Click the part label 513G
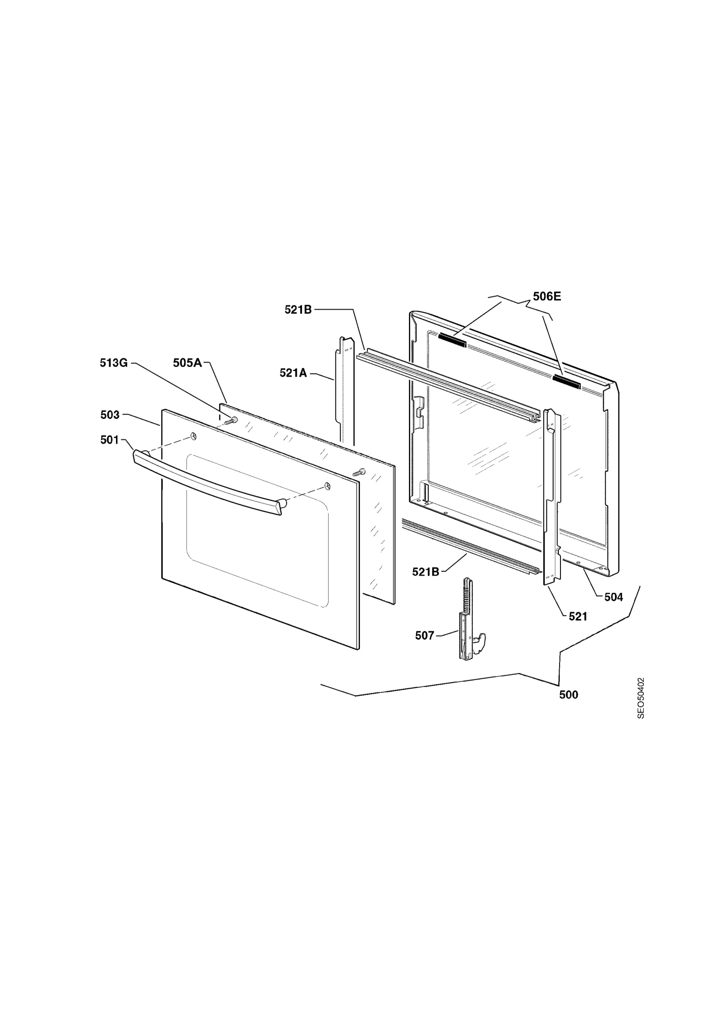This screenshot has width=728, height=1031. click(113, 363)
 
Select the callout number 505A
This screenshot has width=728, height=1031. click(187, 363)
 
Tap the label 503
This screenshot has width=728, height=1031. click(110, 415)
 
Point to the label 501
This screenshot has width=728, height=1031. click(110, 440)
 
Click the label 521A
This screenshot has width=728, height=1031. click(293, 373)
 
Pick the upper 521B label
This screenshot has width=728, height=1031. click(298, 309)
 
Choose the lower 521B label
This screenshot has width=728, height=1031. click(426, 572)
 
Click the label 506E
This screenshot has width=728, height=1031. click(547, 296)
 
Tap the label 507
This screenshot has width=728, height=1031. click(425, 636)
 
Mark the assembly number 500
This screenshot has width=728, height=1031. click(569, 695)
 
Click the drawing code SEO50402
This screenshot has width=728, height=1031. click(641, 698)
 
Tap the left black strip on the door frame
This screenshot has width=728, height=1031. click(452, 340)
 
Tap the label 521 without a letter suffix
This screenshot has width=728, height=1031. click(578, 617)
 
